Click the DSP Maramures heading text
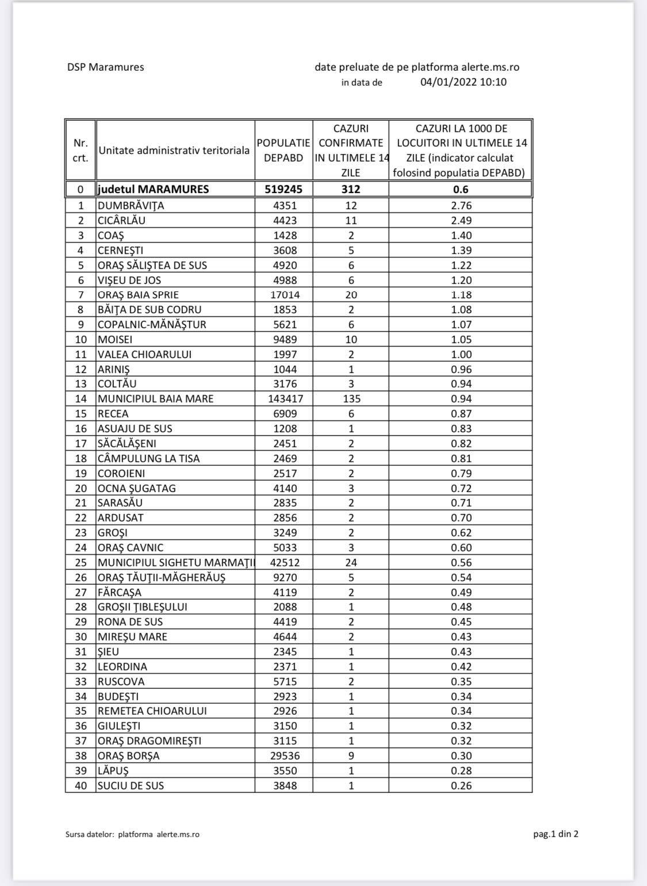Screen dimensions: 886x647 (105, 67)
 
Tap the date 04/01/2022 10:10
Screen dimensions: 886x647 (463, 82)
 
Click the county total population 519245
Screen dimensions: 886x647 (284, 189)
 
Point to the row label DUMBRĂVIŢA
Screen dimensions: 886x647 (131, 205)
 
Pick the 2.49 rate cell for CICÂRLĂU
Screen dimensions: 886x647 (461, 220)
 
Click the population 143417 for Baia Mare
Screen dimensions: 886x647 (284, 398)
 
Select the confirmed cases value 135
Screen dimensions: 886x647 (351, 398)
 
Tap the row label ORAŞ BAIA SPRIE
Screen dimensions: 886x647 (138, 295)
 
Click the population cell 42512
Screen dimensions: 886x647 (284, 563)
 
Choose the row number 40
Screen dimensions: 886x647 (81, 785)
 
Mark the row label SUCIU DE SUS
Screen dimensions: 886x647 (131, 785)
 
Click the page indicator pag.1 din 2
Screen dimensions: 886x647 (556, 834)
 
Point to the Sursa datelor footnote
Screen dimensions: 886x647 (132, 834)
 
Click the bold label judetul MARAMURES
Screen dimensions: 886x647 (154, 189)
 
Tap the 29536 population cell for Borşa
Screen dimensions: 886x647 (284, 755)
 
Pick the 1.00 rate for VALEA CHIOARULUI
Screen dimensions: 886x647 (461, 354)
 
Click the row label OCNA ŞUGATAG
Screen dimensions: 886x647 (137, 488)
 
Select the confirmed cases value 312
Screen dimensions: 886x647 (351, 189)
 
